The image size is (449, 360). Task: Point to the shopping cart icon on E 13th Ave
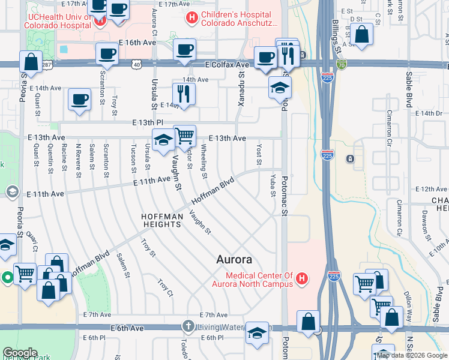[185, 136]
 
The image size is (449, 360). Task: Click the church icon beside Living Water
[188, 327]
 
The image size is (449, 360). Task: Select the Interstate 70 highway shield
[341, 63]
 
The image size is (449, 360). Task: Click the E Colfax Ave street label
[226, 64]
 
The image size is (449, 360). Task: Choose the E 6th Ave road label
[127, 328]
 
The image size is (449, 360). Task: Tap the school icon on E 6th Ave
[257, 335]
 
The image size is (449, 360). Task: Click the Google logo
[20, 353]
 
